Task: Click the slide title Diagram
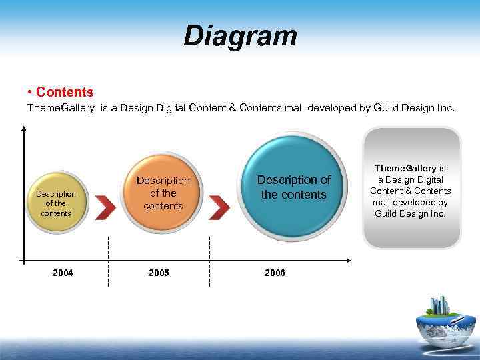coord(240,36)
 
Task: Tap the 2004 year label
coord(63,273)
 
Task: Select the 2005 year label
coord(159,273)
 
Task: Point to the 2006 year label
coord(275,273)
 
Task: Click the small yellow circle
coord(56,203)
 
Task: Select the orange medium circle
coord(163,193)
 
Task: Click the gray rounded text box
coord(411,188)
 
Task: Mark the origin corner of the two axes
coord(24,259)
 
